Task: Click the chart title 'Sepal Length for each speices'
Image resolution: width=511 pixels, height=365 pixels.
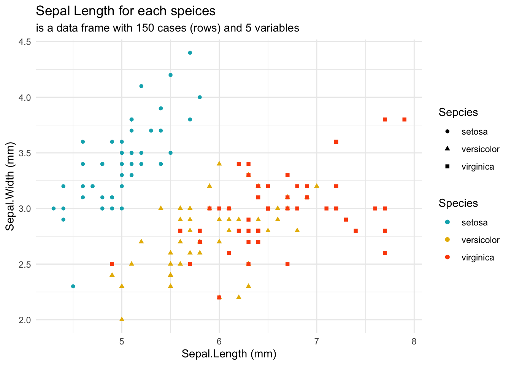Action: click(125, 11)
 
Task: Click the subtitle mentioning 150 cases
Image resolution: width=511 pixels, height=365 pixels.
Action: click(167, 28)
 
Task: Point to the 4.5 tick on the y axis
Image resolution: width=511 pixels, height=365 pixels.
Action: click(25, 42)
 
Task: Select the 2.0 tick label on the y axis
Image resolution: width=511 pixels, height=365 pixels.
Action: click(25, 320)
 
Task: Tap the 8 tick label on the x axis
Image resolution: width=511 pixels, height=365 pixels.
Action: click(414, 342)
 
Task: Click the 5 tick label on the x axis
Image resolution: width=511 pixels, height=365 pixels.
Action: click(122, 342)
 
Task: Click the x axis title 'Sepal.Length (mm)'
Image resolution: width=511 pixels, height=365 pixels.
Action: click(229, 354)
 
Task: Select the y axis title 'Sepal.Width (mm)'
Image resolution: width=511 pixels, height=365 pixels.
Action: click(10, 186)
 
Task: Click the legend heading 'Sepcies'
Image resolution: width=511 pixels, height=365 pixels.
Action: click(458, 113)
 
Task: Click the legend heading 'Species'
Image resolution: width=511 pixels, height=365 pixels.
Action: click(458, 203)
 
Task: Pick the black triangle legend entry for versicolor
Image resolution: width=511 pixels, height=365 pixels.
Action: click(447, 149)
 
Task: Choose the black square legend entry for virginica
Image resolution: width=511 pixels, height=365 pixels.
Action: click(447, 167)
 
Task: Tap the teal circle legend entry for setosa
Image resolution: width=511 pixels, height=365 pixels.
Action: click(447, 222)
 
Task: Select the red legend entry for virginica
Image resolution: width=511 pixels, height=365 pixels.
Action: click(447, 257)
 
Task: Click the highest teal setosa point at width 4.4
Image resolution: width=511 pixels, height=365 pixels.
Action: click(190, 53)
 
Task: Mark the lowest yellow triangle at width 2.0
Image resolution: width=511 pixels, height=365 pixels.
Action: click(122, 319)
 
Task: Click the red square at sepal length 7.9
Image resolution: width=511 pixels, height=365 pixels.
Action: click(404, 119)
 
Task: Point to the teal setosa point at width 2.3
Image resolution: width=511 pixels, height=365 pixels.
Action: click(73, 286)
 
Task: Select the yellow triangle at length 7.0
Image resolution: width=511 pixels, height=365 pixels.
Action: click(317, 186)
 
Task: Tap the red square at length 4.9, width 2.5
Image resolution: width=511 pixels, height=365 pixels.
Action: click(112, 264)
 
